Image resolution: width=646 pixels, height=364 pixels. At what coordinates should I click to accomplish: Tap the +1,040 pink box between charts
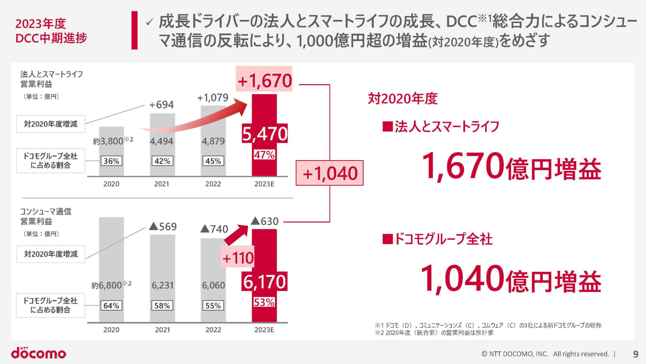click(329, 173)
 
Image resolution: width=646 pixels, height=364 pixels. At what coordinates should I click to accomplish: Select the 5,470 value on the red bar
click(265, 134)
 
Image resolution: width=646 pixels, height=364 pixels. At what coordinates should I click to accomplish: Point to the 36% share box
click(111, 161)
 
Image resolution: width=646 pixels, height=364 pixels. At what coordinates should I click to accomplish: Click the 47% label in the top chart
click(264, 155)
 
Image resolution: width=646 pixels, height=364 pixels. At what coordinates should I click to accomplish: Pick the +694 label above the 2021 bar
click(161, 104)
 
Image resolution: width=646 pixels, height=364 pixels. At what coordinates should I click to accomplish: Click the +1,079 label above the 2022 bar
click(213, 98)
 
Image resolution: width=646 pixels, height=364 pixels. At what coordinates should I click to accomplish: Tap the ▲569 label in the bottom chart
click(163, 226)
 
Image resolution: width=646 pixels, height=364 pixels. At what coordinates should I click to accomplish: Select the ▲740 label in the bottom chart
click(214, 229)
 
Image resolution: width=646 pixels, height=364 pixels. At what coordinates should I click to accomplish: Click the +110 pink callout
click(238, 258)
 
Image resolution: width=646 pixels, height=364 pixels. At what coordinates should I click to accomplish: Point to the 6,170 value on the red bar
click(264, 282)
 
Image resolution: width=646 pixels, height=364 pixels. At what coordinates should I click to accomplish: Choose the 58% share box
click(162, 306)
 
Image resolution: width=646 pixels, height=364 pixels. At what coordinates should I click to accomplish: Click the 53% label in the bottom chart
click(264, 302)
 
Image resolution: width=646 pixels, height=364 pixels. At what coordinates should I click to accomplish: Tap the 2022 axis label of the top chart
click(213, 184)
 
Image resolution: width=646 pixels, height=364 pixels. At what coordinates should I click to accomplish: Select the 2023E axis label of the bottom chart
click(264, 330)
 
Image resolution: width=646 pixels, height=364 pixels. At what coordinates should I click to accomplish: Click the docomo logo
click(39, 353)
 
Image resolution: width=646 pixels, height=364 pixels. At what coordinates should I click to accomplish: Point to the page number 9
click(636, 354)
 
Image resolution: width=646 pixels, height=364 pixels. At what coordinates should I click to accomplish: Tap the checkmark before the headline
click(149, 22)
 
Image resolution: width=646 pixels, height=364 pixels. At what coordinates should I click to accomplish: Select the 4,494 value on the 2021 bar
click(161, 141)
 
